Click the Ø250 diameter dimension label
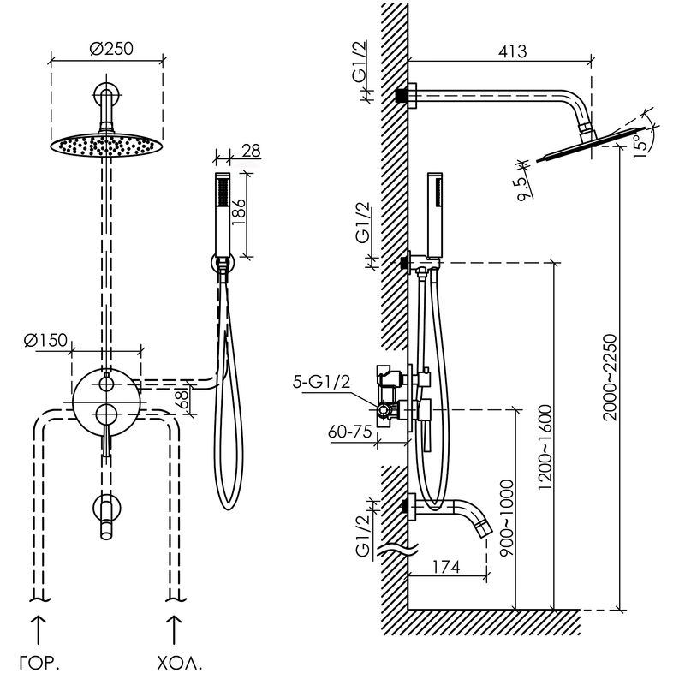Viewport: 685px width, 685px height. [x=111, y=49]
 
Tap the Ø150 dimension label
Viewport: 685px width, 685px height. [x=46, y=340]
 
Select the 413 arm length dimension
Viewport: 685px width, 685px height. [x=512, y=51]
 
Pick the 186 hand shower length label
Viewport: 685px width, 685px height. [x=239, y=211]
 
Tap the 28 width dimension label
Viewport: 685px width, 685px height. [x=251, y=152]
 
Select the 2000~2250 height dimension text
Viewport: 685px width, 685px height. [x=610, y=378]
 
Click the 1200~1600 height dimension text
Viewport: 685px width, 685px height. [x=545, y=447]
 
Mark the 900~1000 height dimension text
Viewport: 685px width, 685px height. [x=507, y=518]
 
